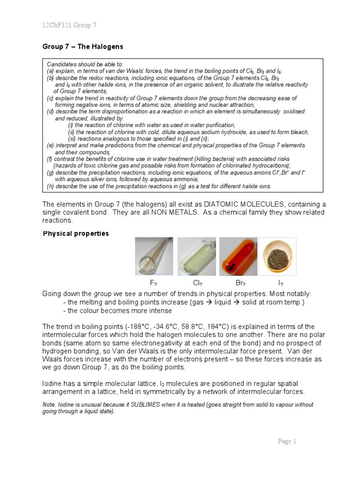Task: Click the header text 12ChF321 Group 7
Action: click(x=69, y=25)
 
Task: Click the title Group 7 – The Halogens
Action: click(x=83, y=47)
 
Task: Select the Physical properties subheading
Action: click(x=76, y=233)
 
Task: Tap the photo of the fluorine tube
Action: click(x=154, y=256)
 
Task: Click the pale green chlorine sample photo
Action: click(x=196, y=256)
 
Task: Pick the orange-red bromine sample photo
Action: click(x=238, y=256)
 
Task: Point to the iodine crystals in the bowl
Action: click(x=277, y=257)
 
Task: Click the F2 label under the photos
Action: click(x=153, y=283)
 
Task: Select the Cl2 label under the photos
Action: click(x=197, y=283)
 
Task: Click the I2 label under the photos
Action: click(x=280, y=283)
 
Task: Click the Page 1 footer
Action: click(x=287, y=441)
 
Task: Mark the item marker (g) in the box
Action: click(x=50, y=172)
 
